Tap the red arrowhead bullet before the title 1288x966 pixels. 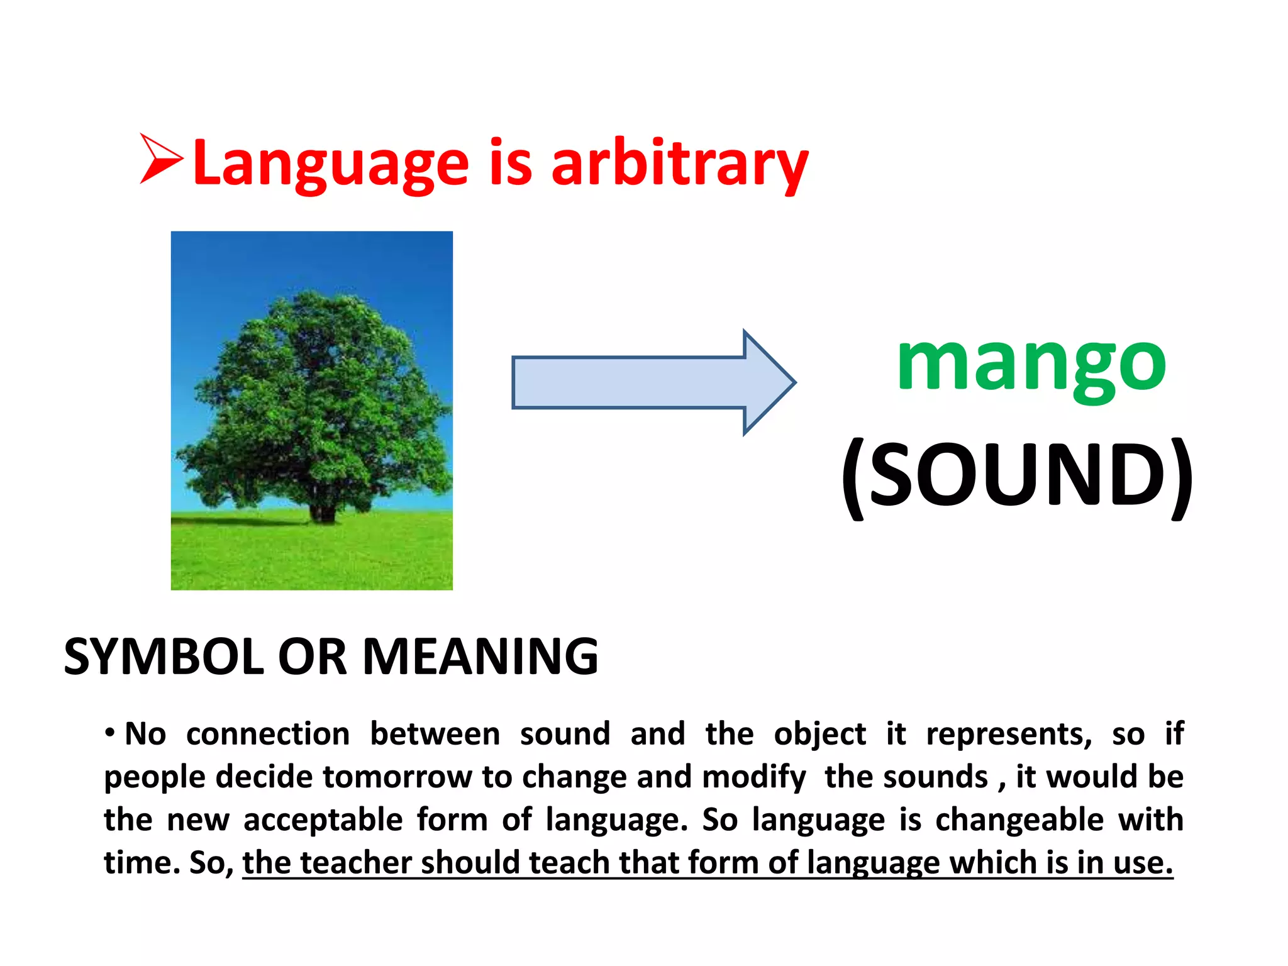coord(160,158)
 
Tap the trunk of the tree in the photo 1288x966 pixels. coord(322,509)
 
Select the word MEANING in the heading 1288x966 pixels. coord(480,657)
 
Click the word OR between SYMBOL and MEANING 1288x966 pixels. coord(313,657)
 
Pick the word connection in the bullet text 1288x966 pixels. coord(268,735)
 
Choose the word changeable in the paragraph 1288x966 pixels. coord(1019,820)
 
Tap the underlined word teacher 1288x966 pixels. coord(356,863)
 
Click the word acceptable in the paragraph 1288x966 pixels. coord(323,820)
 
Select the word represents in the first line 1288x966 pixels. coord(1009,735)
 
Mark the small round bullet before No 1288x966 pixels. coord(110,733)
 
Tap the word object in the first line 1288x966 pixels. coord(819,735)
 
